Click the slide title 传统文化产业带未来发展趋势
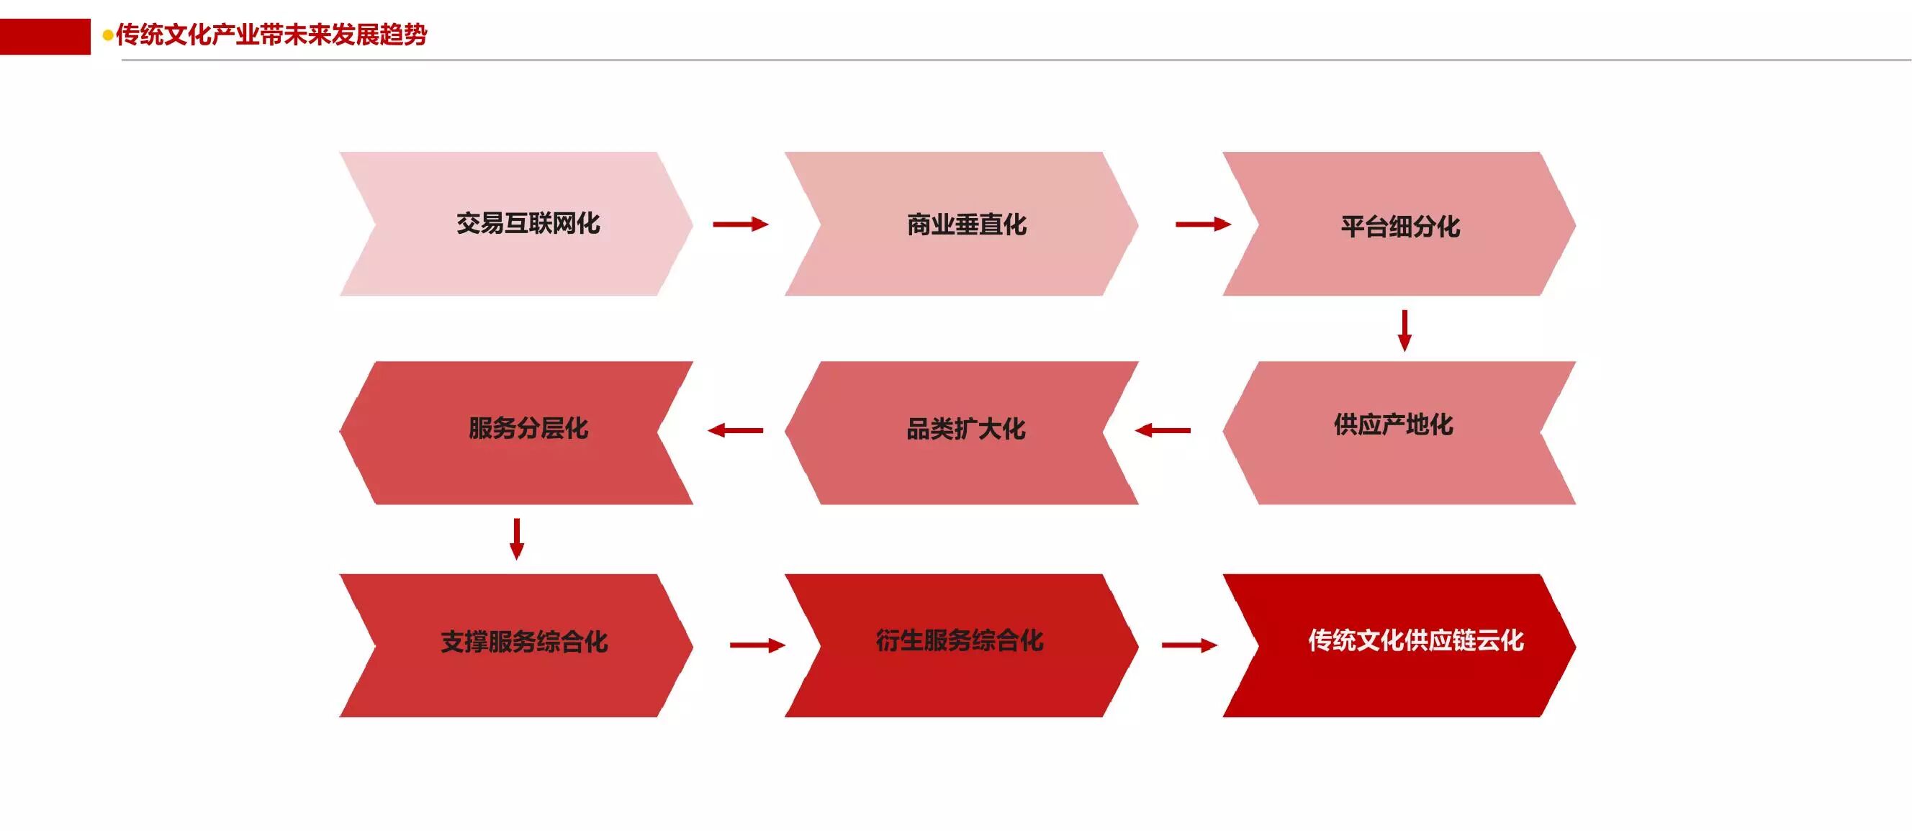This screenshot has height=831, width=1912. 271,35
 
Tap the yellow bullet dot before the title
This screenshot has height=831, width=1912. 108,36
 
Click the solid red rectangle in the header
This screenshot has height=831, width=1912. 45,37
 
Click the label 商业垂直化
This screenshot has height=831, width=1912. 966,224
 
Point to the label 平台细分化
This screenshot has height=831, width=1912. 1400,227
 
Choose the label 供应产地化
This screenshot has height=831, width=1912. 1393,424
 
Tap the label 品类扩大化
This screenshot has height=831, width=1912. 965,429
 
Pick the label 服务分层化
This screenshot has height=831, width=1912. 528,428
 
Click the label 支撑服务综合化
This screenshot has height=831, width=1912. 524,642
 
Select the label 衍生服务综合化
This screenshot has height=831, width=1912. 959,640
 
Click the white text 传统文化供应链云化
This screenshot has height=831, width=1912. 1415,640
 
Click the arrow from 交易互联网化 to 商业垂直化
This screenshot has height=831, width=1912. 740,224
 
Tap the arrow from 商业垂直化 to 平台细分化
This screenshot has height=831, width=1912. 1202,224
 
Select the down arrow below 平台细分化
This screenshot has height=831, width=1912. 1404,330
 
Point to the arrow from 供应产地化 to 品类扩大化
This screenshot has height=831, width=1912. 1163,430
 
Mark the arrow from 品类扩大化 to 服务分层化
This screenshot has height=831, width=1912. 736,430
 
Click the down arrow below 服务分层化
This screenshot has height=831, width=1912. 518,539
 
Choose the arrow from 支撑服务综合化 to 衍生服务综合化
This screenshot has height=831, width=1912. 757,645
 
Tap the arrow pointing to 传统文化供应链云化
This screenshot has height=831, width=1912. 1189,645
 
